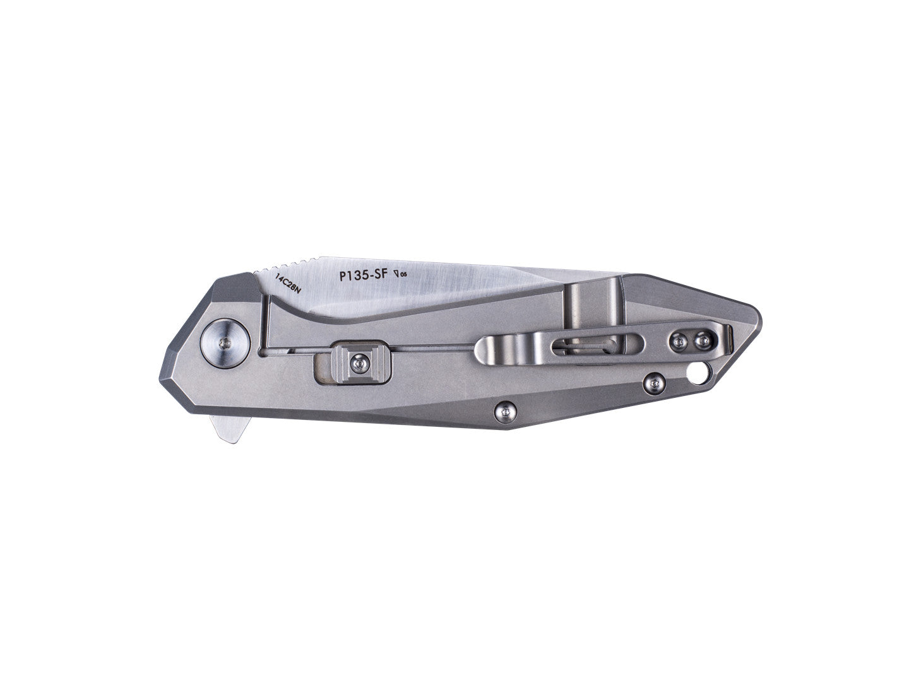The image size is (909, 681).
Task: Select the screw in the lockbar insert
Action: coord(358,362)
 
